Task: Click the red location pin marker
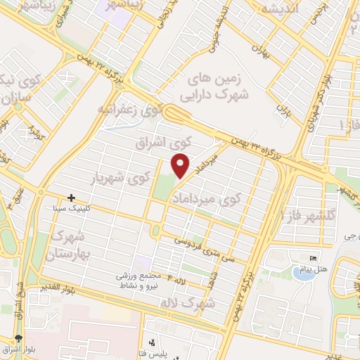(x=181, y=166)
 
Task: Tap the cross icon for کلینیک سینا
(x=70, y=198)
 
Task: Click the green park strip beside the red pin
(x=164, y=184)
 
